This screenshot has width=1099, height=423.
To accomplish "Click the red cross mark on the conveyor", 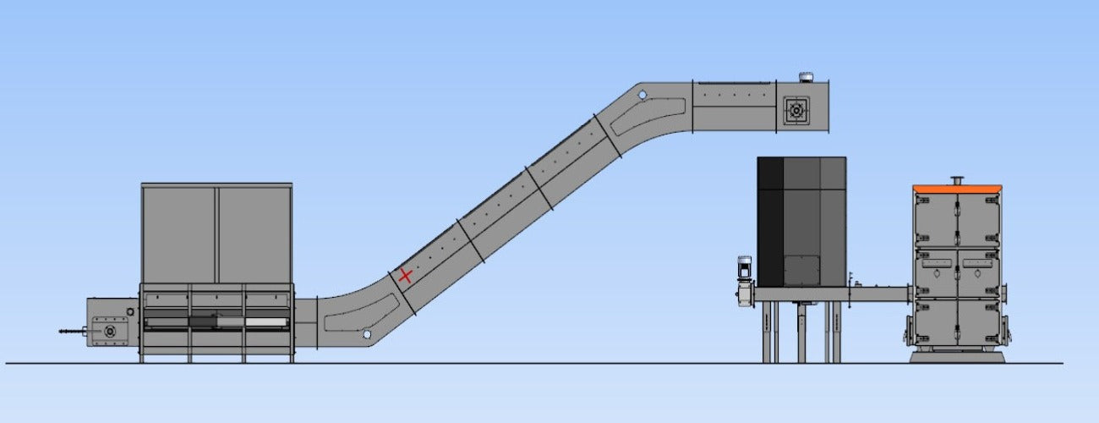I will [x=405, y=276].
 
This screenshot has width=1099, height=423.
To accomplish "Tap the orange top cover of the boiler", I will [x=958, y=188].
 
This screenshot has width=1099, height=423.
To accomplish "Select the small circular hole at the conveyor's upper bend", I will [x=642, y=95].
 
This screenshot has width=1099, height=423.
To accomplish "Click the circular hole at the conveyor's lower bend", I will [x=366, y=334].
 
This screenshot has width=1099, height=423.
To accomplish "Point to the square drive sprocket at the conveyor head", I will [x=796, y=109].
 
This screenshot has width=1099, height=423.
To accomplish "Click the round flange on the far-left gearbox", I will [x=110, y=332].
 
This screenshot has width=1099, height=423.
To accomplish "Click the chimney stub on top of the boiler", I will [x=957, y=179].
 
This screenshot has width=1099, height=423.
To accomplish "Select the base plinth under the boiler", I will [x=957, y=356].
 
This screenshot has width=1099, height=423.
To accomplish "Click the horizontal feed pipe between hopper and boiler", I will [x=879, y=294].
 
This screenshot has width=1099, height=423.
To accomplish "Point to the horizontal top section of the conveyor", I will [x=734, y=105].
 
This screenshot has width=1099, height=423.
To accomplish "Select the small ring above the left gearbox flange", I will [x=129, y=312].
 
